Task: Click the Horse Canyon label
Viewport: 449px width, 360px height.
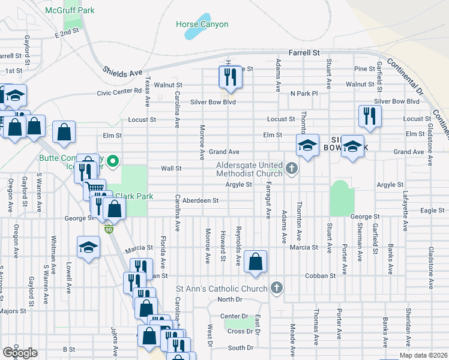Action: [202, 25]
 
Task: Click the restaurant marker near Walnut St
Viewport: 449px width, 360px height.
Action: [230, 77]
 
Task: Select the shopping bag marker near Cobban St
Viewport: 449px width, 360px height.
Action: [256, 262]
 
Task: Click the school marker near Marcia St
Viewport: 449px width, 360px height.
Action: [88, 248]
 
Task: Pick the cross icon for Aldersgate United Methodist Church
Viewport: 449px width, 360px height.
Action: [292, 168]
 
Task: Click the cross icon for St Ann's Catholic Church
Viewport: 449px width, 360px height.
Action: [276, 288]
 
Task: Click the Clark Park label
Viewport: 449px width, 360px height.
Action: [134, 196]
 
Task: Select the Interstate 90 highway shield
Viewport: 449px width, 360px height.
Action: [108, 229]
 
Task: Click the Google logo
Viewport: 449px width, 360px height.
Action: [19, 353]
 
